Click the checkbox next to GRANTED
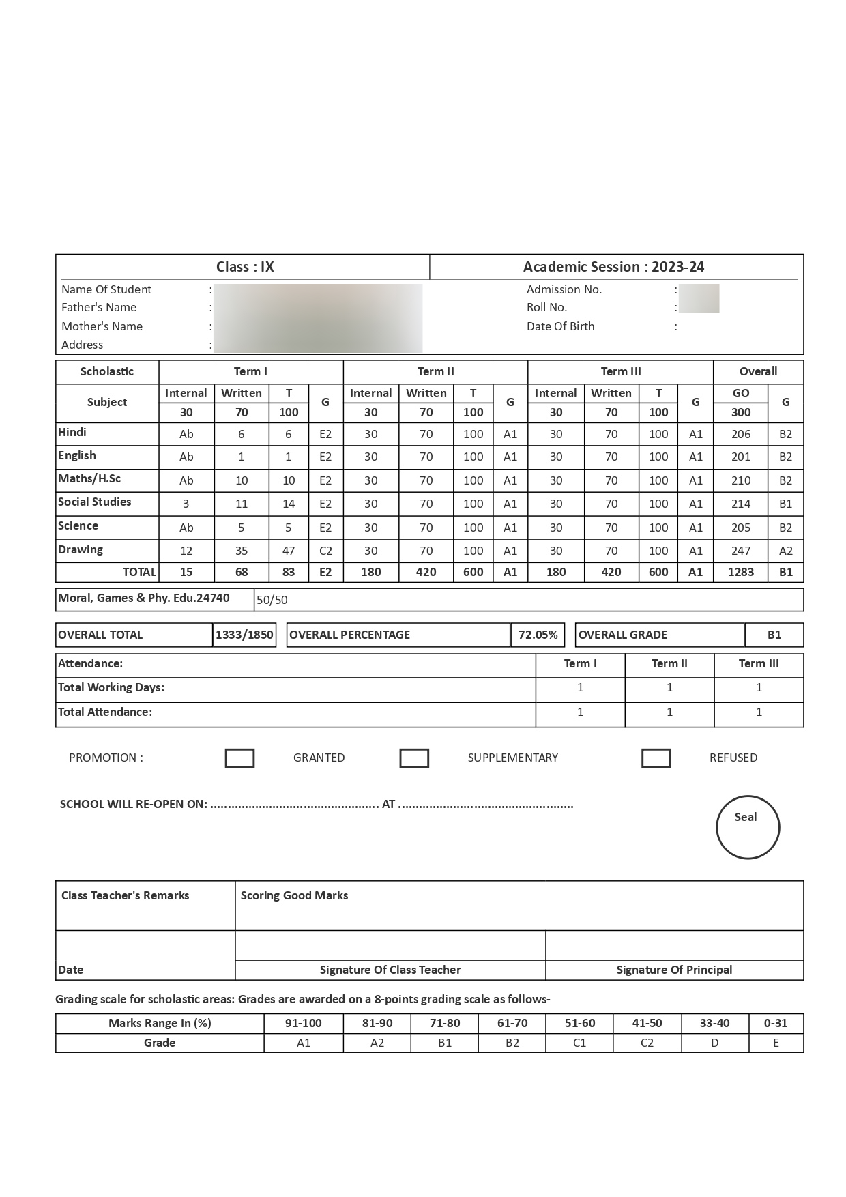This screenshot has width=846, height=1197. click(x=239, y=758)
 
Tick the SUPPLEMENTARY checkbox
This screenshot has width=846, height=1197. click(x=414, y=758)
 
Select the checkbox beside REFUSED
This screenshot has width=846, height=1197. click(x=656, y=758)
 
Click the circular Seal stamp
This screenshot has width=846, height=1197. click(x=747, y=827)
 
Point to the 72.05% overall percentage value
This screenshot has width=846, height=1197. click(x=538, y=635)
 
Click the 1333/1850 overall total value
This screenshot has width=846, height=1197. click(x=244, y=635)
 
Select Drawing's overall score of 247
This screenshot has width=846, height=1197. click(x=740, y=551)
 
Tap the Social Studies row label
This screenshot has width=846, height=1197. click(x=95, y=502)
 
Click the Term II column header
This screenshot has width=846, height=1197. click(x=435, y=371)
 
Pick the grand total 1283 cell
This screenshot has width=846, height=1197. click(x=740, y=572)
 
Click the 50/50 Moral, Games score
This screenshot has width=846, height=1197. click(x=272, y=600)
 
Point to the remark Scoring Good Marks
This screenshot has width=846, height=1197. click(x=294, y=895)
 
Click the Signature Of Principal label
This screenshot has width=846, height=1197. click(x=674, y=970)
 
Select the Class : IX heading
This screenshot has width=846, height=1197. click(x=245, y=267)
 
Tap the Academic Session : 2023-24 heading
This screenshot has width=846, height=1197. click(x=613, y=267)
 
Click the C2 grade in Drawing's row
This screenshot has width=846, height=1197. click(x=325, y=551)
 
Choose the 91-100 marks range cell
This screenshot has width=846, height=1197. click(x=303, y=1023)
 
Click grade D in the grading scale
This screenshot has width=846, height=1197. click(x=714, y=1043)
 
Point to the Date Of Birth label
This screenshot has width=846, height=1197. click(x=560, y=326)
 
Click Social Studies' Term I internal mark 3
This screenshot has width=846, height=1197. click(x=186, y=504)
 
